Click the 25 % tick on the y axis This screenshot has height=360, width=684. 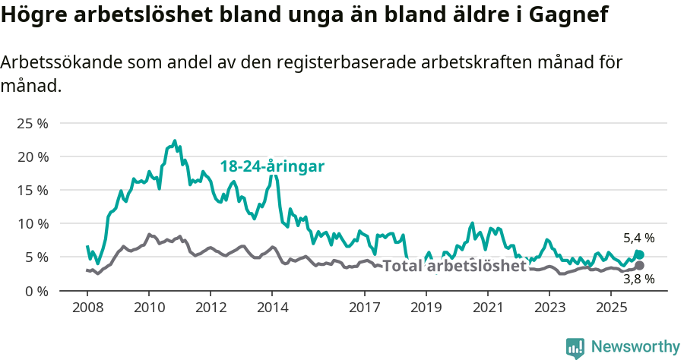(x=32, y=123)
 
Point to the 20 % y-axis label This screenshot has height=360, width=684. (x=32, y=156)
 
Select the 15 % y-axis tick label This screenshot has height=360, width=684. (x=32, y=190)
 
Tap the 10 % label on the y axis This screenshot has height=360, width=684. (x=32, y=223)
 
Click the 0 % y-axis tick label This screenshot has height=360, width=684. (x=36, y=291)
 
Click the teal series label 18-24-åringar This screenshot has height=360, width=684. (x=272, y=166)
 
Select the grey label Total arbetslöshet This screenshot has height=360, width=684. (x=454, y=266)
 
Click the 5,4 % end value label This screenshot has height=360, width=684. (x=638, y=238)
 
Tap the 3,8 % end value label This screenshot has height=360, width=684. (x=638, y=279)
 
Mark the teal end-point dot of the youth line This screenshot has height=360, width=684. (x=639, y=254)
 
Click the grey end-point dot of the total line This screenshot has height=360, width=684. (x=639, y=265)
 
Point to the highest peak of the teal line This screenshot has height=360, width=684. (x=175, y=141)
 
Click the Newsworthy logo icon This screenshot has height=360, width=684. (x=575, y=347)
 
